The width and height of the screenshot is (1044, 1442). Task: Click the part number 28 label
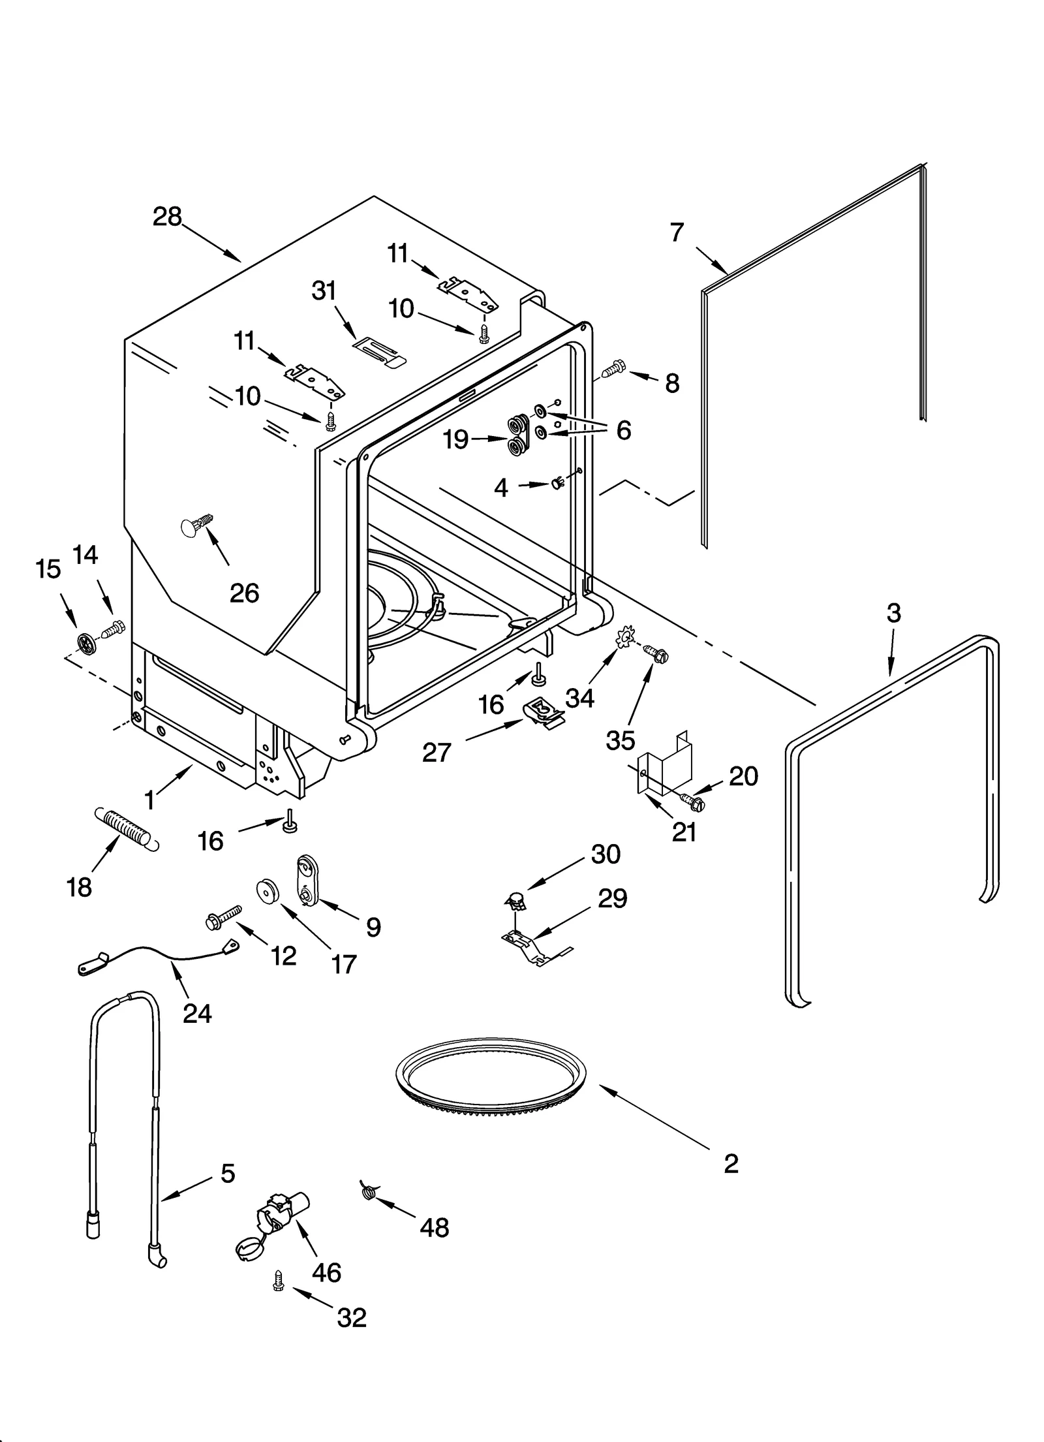point(167,216)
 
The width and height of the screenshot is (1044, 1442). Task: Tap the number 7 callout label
point(677,232)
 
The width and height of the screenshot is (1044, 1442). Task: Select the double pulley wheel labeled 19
point(519,437)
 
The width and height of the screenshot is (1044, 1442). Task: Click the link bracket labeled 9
point(306,880)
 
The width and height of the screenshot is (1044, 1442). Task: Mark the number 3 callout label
point(893,613)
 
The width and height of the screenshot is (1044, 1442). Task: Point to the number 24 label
point(197,1013)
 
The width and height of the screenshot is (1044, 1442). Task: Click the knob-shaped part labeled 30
point(517,903)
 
